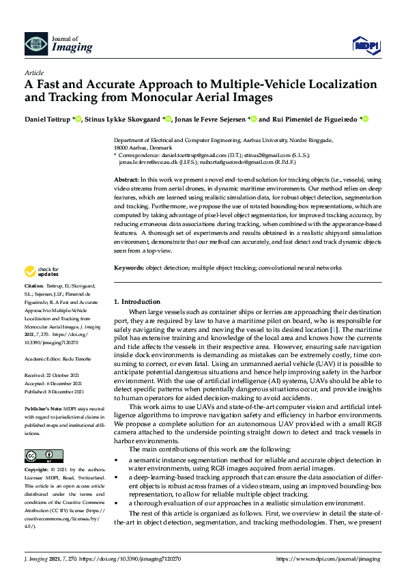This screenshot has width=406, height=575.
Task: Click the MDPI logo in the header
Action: point(366,44)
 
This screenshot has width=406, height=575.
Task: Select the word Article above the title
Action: point(33,72)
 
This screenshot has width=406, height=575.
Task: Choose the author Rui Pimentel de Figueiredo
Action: point(316,119)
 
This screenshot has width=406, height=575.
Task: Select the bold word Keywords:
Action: point(129,268)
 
